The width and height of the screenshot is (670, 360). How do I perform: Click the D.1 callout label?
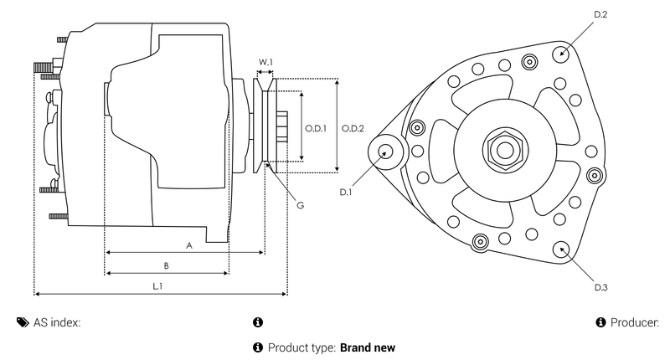pyautogui.click(x=346, y=193)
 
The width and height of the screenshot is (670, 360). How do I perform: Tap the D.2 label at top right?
pyautogui.click(x=599, y=15)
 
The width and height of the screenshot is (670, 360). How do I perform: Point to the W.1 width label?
pyautogui.click(x=265, y=63)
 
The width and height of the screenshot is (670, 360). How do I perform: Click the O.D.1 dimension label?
pyautogui.click(x=315, y=128)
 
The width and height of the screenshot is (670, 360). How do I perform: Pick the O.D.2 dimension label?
pyautogui.click(x=353, y=128)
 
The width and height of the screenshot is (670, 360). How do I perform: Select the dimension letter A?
pyautogui.click(x=189, y=245)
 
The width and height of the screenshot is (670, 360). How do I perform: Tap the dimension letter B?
pyautogui.click(x=167, y=266)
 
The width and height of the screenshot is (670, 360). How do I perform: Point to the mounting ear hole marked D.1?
pyautogui.click(x=386, y=152)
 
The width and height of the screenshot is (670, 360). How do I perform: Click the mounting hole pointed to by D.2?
pyautogui.click(x=561, y=54)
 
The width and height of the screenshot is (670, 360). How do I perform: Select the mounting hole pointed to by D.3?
pyautogui.click(x=561, y=248)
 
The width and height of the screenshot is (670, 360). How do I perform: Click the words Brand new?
pyautogui.click(x=367, y=347)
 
